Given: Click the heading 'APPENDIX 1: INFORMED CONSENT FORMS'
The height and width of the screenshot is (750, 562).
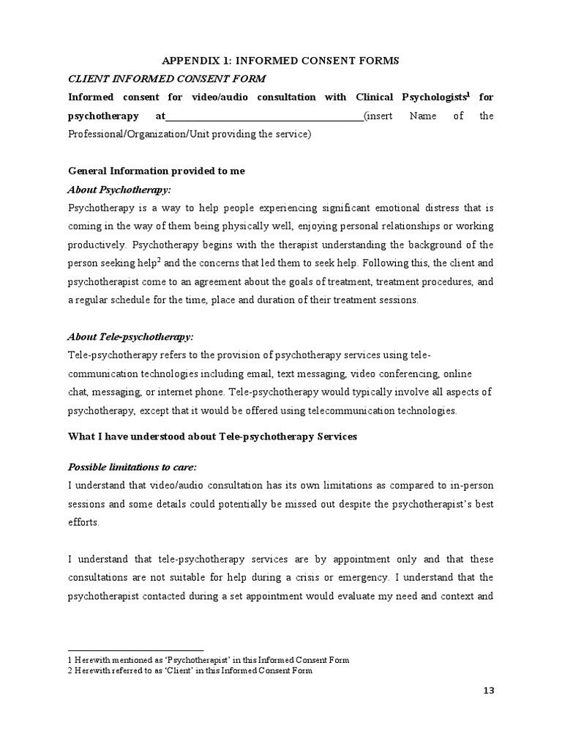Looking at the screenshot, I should coord(280,61).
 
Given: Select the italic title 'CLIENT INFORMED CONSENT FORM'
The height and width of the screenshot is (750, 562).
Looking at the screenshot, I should coord(167,79).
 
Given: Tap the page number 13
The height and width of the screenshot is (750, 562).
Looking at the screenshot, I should coord(487,709).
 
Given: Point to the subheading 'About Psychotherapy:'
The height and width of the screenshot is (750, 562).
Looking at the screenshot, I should coord(119,189).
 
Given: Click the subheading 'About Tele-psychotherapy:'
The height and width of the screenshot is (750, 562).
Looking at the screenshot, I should coord(130,337).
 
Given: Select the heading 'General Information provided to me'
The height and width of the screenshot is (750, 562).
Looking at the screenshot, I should coord(156,171).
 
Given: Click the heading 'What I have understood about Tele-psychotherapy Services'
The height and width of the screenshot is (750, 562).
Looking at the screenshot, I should coord(211,437).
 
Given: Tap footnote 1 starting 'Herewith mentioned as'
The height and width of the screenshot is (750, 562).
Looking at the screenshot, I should coord(209,660).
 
